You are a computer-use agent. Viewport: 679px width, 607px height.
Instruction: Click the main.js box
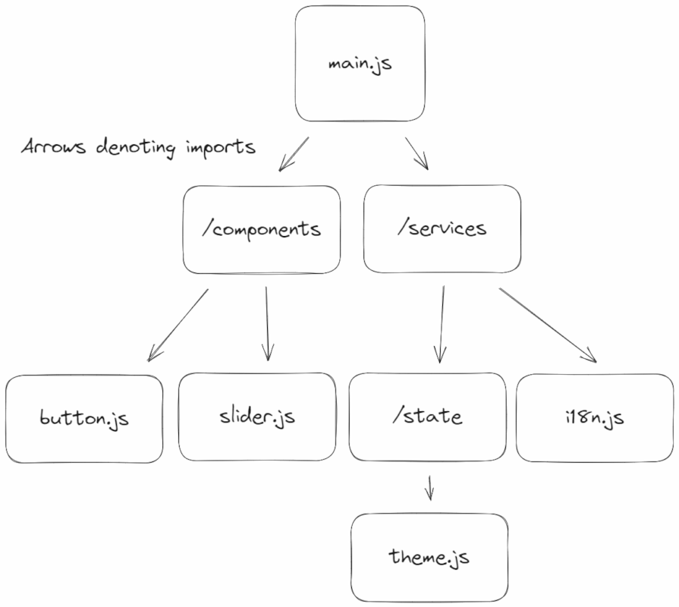360,64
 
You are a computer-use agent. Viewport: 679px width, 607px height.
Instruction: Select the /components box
262,229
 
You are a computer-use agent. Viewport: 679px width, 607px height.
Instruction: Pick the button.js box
84,418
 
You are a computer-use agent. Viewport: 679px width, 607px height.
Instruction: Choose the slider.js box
256,417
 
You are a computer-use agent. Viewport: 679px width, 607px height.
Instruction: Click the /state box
427,417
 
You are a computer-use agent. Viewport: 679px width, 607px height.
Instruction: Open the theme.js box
429,558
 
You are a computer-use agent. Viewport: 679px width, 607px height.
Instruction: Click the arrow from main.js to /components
294,154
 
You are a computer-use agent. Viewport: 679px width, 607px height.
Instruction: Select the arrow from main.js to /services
417,153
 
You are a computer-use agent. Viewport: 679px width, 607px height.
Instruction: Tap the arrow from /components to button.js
178,323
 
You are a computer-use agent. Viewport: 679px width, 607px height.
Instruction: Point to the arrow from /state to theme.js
429,488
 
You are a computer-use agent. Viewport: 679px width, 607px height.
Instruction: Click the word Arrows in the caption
54,146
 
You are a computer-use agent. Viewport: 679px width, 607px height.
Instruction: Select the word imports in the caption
220,147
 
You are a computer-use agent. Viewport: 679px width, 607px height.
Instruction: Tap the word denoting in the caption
137,147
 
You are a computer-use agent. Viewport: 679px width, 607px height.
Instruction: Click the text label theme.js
429,558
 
